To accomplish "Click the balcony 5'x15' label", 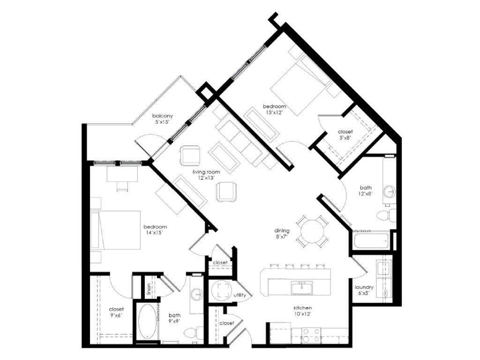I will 163,119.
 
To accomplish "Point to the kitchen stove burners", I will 309,335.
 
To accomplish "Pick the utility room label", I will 240,295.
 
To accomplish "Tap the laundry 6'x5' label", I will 364,290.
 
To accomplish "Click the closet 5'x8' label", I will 345,135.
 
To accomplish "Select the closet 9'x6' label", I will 116,313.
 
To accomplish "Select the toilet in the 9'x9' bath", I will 192,333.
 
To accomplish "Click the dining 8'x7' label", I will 282,233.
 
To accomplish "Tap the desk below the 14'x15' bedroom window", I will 122,174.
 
